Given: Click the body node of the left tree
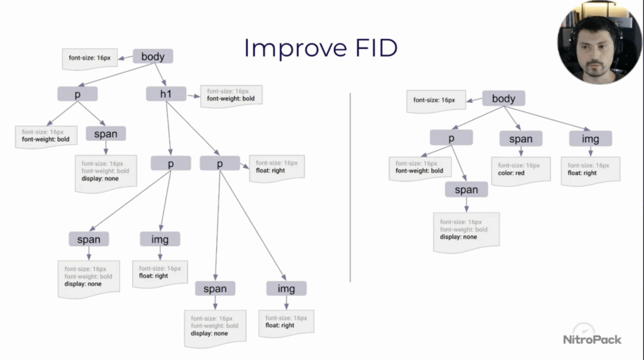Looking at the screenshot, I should pos(153,57).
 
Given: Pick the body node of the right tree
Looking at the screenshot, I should pos(503,98).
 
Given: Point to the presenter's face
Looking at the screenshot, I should pos(594,53).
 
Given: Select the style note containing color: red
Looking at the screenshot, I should pos(520,169).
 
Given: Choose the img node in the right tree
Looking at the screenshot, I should pos(590,139).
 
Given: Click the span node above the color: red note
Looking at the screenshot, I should pos(521,139).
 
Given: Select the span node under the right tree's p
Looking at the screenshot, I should pos(466,189).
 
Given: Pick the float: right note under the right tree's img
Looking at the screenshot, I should pos(589,169).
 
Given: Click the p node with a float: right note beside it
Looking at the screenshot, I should pos(220,163).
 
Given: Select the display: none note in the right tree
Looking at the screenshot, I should pos(466,230).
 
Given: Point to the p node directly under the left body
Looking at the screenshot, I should pos(77,94).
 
